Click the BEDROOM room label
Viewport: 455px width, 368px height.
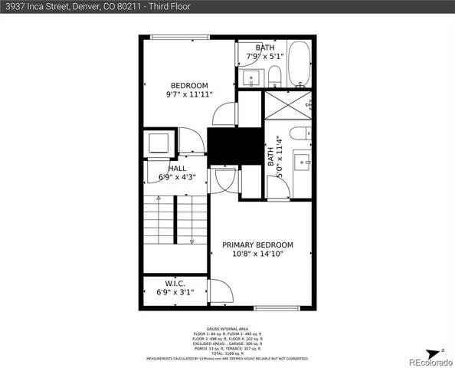click(x=188, y=85)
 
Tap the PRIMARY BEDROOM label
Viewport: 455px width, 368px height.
click(x=257, y=245)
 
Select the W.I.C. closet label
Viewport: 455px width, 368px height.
click(x=175, y=283)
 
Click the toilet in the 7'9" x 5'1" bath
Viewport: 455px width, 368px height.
click(x=274, y=75)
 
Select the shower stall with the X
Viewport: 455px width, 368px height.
click(x=288, y=104)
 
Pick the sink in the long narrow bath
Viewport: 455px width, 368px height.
click(x=303, y=161)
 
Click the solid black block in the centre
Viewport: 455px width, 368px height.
click(x=224, y=146)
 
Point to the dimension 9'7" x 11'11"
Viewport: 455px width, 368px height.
click(x=188, y=94)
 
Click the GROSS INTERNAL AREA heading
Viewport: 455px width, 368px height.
click(x=227, y=328)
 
